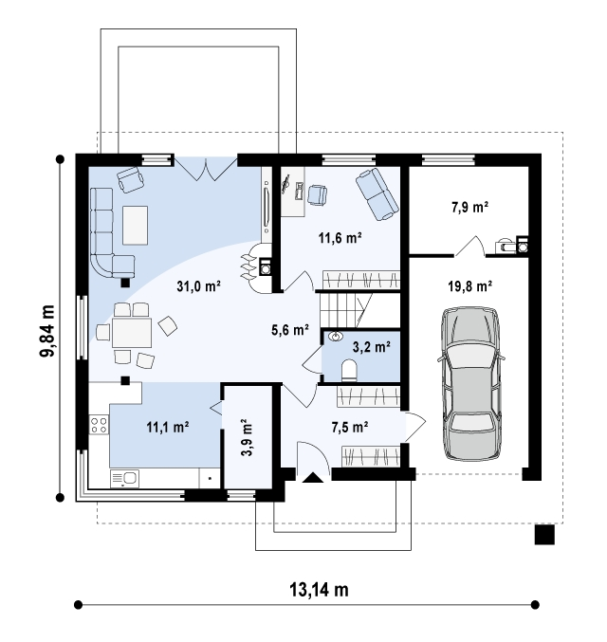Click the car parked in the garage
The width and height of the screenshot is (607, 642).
(x=470, y=384)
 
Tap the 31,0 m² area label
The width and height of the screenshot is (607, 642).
(x=198, y=286)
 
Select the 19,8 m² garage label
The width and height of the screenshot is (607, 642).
(x=469, y=285)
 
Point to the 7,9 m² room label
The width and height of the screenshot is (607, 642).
(x=469, y=207)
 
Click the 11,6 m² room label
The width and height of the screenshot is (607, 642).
(x=340, y=237)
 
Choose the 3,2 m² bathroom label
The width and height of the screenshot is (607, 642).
(x=372, y=347)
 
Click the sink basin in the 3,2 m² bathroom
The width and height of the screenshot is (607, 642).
(x=337, y=337)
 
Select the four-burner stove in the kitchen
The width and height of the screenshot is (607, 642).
(x=99, y=425)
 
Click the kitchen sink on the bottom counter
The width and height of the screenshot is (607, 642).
(x=125, y=479)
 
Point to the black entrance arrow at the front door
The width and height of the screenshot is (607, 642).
(x=313, y=477)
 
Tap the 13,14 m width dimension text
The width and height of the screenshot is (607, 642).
(x=319, y=590)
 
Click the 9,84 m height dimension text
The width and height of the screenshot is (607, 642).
(x=48, y=331)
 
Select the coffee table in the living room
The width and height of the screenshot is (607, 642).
(x=136, y=225)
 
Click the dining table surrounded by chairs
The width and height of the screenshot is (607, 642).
(x=132, y=333)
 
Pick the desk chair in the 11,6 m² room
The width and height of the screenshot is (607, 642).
(x=317, y=194)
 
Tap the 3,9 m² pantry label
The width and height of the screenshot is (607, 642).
(x=247, y=437)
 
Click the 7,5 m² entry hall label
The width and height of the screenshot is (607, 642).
(x=349, y=428)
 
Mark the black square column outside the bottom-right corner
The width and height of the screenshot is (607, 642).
(x=544, y=535)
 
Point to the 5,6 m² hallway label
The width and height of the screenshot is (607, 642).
(x=290, y=330)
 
